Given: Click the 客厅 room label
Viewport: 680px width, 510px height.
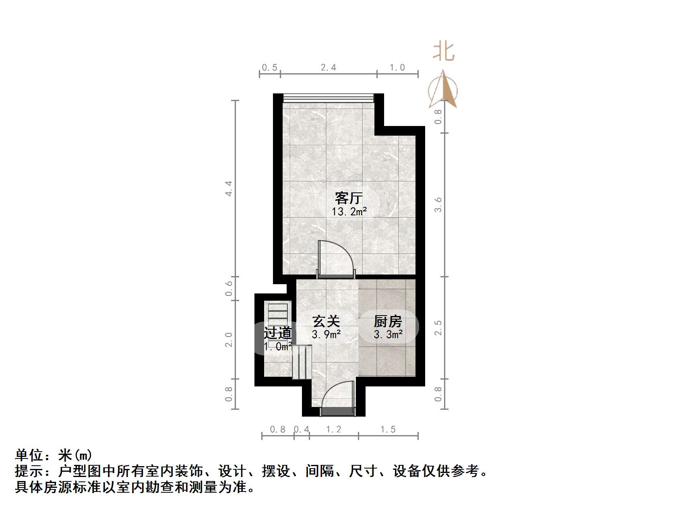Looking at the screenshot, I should pyautogui.click(x=349, y=198).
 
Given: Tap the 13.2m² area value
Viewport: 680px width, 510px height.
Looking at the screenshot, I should pyautogui.click(x=349, y=212).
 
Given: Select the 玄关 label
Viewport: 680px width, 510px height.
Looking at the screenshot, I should pyautogui.click(x=326, y=321).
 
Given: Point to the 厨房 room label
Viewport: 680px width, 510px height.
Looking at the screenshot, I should pyautogui.click(x=388, y=321).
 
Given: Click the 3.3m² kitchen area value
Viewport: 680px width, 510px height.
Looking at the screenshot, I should pyautogui.click(x=388, y=334).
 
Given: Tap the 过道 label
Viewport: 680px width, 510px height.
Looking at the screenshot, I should pyautogui.click(x=277, y=333).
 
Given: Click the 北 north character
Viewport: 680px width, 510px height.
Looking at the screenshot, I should pyautogui.click(x=443, y=53).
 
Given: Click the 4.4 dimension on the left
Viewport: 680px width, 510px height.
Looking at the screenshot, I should pyautogui.click(x=229, y=188).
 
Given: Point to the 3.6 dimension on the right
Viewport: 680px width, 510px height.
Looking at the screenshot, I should pyautogui.click(x=438, y=204).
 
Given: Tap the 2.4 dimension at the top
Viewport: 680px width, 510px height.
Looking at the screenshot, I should pyautogui.click(x=329, y=68).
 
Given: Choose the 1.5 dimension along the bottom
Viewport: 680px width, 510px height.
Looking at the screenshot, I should pyautogui.click(x=388, y=429).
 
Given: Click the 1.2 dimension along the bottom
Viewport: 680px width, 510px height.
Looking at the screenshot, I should pyautogui.click(x=333, y=429).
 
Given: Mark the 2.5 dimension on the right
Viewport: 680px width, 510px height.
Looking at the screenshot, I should pyautogui.click(x=438, y=328).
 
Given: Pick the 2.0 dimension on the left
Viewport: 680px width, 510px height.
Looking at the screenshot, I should pyautogui.click(x=229, y=339).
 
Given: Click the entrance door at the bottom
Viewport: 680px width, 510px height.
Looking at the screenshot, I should pyautogui.click(x=338, y=411).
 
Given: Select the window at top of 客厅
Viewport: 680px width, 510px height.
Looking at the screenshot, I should pyautogui.click(x=328, y=98).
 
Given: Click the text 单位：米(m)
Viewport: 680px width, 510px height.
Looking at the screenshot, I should pyautogui.click(x=54, y=455).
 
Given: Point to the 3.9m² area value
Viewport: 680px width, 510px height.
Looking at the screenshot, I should pyautogui.click(x=327, y=334).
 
